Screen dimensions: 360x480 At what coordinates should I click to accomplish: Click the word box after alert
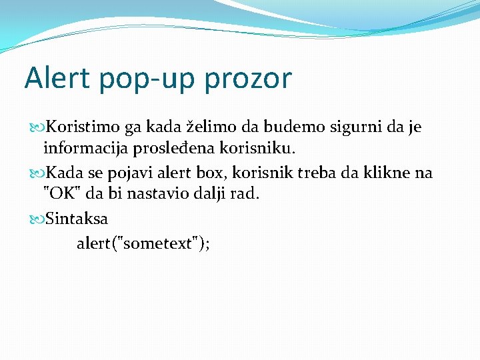[212, 173]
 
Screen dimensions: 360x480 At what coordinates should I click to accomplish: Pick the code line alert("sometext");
[143, 243]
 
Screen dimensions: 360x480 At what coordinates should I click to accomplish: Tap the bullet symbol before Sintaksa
[37, 219]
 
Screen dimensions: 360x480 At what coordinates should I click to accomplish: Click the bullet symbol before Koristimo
[37, 127]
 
